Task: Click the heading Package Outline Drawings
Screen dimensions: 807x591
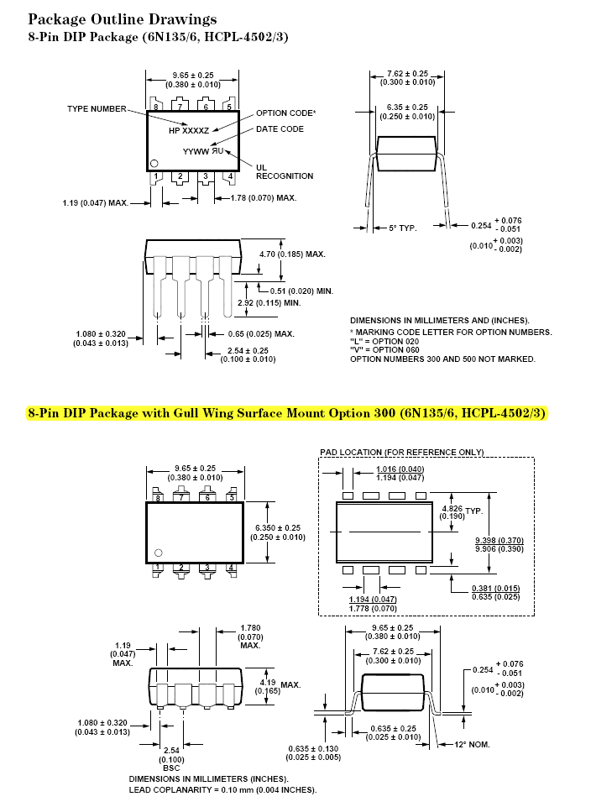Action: [123, 19]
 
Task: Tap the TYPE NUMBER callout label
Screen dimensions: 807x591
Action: [97, 109]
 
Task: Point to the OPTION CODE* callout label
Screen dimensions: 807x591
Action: [286, 113]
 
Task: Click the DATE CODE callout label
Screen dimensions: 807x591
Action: [280, 128]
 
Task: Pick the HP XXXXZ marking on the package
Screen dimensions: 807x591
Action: [189, 130]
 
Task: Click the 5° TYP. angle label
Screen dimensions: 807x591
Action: [403, 227]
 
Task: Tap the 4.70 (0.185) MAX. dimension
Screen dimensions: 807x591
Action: [292, 253]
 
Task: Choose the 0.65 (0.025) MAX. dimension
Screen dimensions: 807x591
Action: [261, 333]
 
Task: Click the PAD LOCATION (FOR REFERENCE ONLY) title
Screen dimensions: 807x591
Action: [402, 452]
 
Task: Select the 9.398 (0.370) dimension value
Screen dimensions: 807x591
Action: [499, 539]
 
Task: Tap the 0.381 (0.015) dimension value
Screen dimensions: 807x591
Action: [496, 588]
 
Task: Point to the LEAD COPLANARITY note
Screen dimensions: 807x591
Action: [222, 789]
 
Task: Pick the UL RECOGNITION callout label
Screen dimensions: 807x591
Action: [285, 171]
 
